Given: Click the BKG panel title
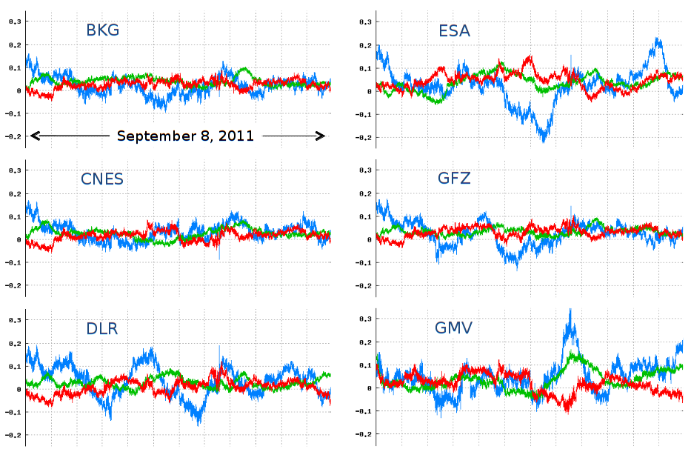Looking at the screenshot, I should point(102,30).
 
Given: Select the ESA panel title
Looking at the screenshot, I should point(454,30).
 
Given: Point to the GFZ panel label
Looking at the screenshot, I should point(454,179).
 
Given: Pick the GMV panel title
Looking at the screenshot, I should point(455,327).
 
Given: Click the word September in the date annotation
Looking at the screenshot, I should point(152,136).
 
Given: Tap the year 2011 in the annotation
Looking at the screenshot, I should point(238,136).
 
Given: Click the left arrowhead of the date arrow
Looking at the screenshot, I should point(33,136).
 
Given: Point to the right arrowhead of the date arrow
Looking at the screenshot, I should point(322,136).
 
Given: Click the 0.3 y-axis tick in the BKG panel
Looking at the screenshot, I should point(13,22).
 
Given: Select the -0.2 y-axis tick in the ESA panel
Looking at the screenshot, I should point(364,137).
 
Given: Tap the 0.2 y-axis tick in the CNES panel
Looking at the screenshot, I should point(13,193).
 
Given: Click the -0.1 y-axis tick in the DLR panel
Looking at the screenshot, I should point(12,412).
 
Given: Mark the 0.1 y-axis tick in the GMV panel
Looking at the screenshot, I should point(365,365).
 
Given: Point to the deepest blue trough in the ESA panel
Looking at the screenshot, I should point(544,140).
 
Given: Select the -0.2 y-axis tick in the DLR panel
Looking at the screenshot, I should point(12,435).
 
